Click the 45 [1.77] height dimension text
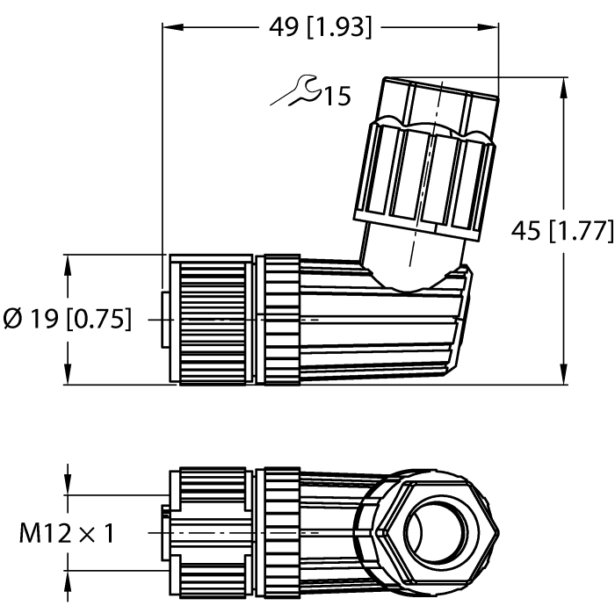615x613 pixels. (x=561, y=231)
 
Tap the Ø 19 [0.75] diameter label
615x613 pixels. (x=68, y=320)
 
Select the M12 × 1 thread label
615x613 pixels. (x=68, y=532)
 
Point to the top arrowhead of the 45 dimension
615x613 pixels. (x=562, y=84)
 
